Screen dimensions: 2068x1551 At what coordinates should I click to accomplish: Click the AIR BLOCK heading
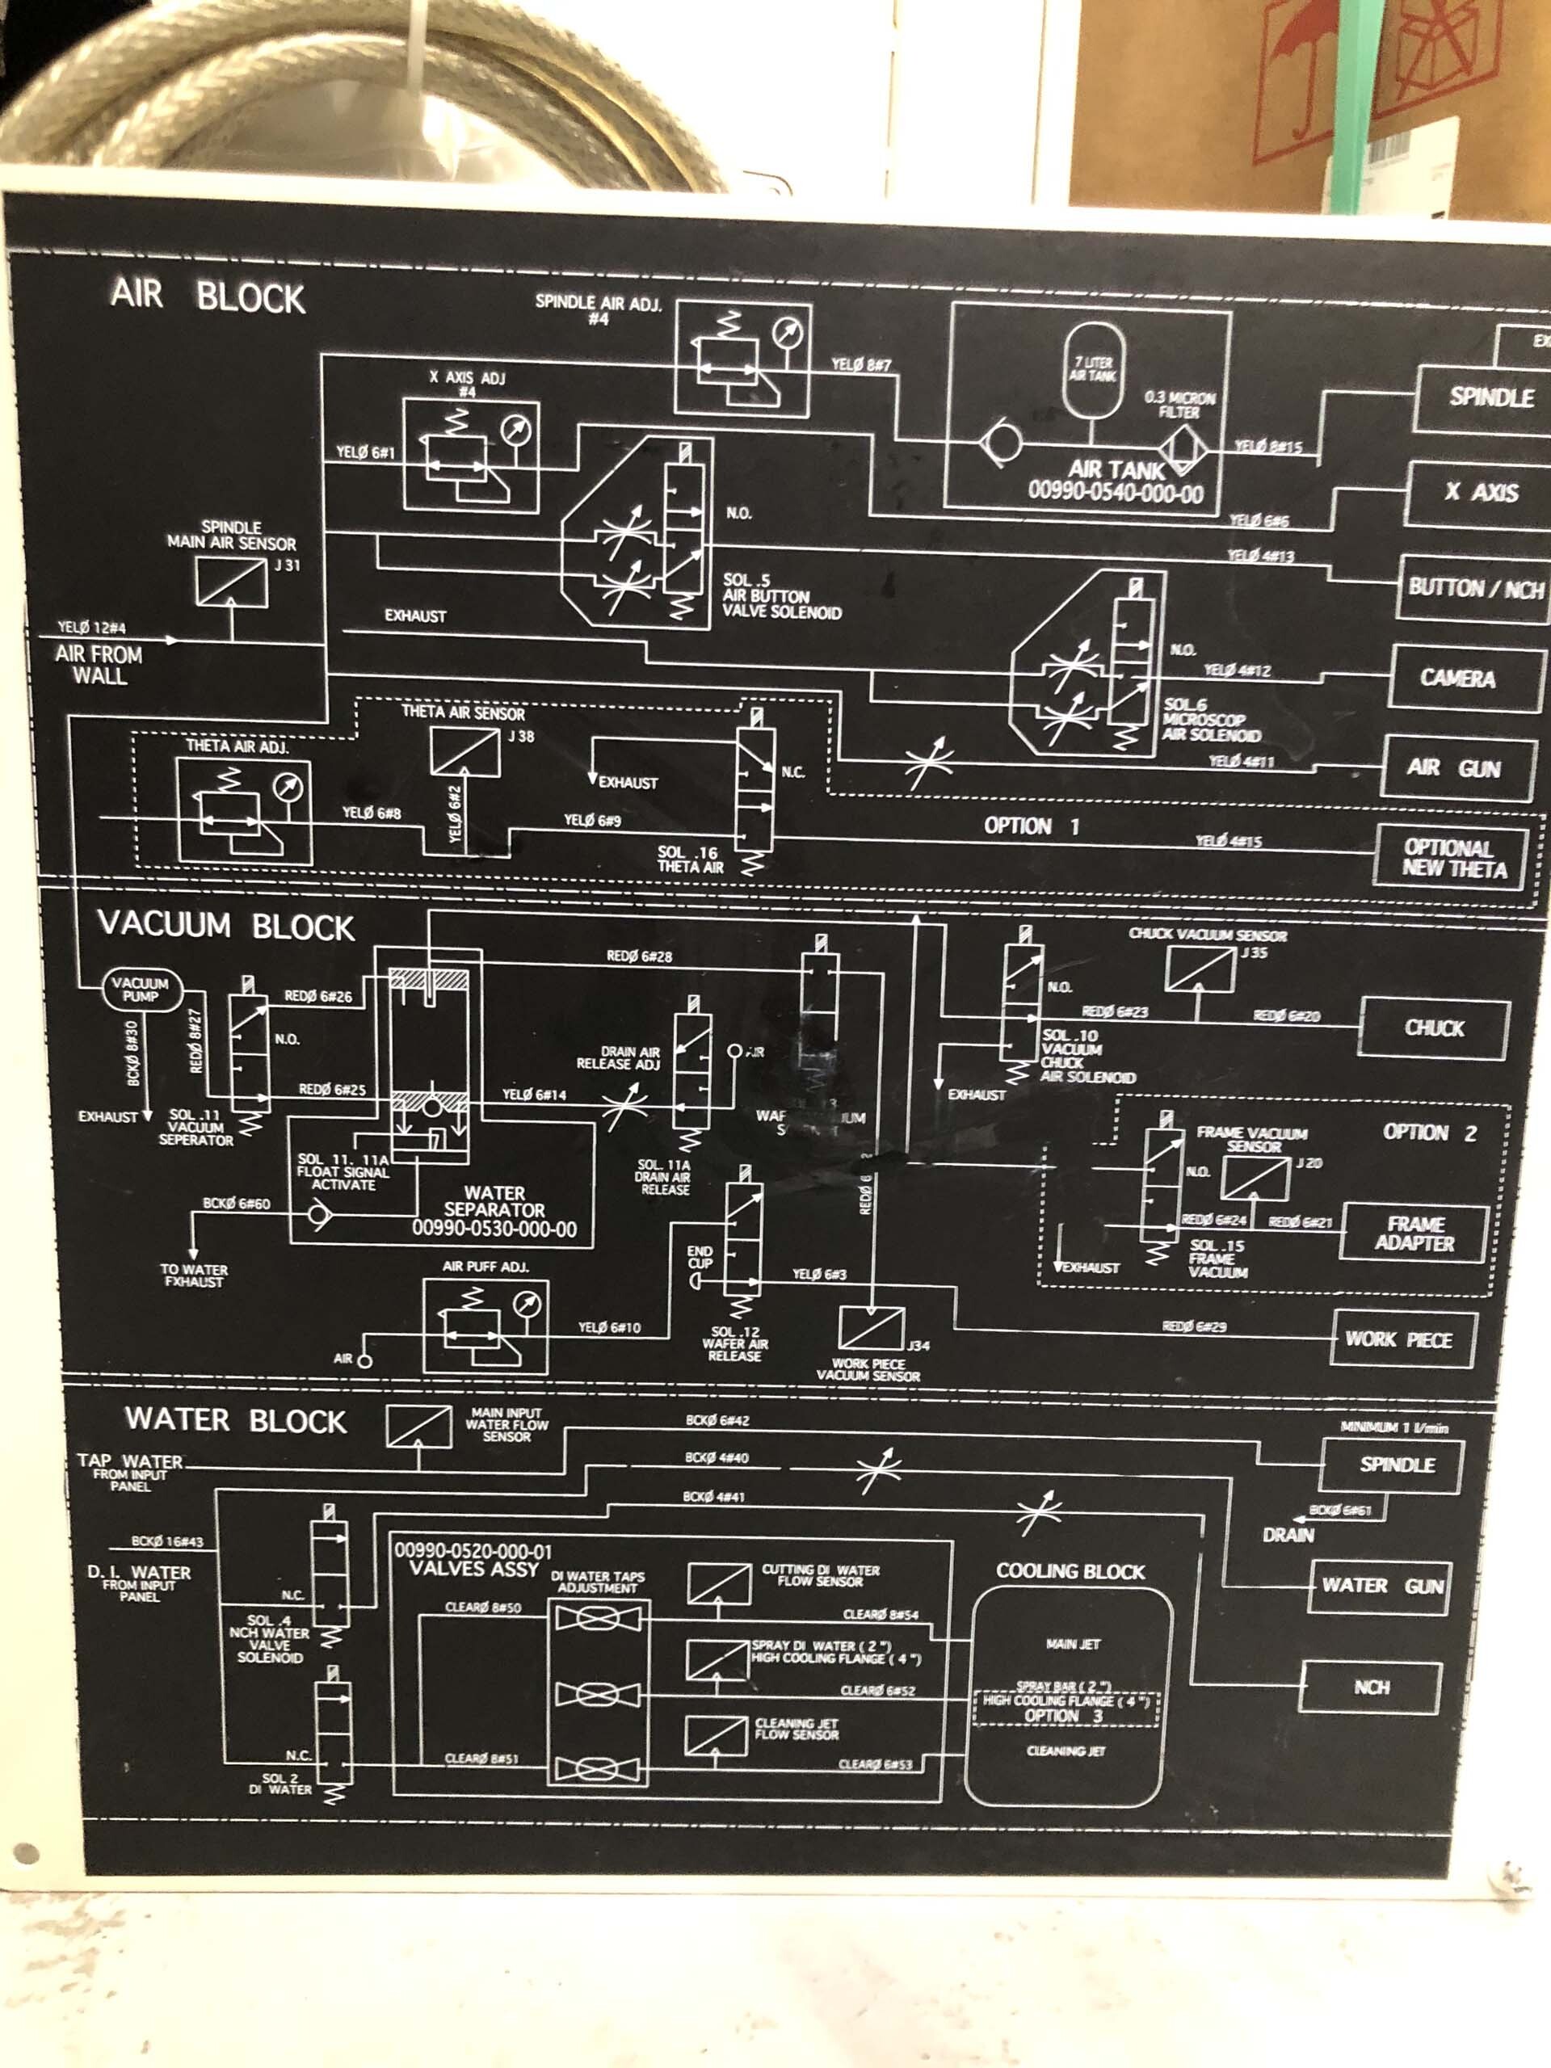click(208, 296)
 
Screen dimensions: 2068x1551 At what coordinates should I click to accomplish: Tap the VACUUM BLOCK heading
click(225, 926)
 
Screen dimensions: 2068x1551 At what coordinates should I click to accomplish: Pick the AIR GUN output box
click(1456, 768)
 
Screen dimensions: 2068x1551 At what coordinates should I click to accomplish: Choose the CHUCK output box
click(1434, 1028)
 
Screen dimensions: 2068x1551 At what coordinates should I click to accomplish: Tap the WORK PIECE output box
click(1400, 1339)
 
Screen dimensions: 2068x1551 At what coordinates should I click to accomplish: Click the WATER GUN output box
click(1381, 1586)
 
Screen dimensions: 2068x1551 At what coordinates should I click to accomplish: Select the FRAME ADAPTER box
click(1414, 1234)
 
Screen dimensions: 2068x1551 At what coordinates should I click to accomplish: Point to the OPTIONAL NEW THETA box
click(1452, 857)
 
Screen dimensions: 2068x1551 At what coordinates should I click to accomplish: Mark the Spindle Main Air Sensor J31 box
click(231, 582)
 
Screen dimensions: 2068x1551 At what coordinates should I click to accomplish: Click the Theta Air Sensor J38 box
click(464, 750)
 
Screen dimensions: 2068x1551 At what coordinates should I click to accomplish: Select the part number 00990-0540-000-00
click(1116, 493)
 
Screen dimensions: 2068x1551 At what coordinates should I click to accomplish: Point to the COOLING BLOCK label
click(1070, 1570)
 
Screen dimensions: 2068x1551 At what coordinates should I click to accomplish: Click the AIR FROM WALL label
click(99, 664)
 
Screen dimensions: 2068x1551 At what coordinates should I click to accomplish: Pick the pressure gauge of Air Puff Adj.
click(528, 1303)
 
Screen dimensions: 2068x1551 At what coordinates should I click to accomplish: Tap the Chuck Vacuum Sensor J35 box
click(1200, 969)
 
